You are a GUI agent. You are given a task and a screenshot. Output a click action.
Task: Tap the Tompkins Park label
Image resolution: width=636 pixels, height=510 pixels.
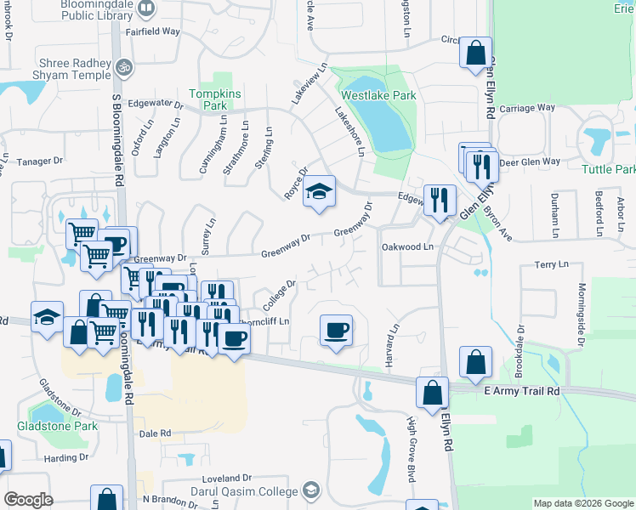coord(207,99)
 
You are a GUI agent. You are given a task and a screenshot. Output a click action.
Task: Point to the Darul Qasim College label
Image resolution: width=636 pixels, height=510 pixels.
coord(247,490)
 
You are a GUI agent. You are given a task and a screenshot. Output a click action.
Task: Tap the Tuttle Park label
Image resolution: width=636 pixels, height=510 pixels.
coord(608,169)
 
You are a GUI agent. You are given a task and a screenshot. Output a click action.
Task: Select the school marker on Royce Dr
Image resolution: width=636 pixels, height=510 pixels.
coord(319,192)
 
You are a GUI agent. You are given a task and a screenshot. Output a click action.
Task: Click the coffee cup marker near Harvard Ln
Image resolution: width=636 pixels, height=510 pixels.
coord(336,329)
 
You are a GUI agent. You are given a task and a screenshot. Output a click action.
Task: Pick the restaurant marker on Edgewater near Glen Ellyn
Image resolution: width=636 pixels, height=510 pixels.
coord(439,201)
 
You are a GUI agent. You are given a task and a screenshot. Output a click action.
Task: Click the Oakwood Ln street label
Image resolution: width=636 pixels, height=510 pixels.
coord(407,247)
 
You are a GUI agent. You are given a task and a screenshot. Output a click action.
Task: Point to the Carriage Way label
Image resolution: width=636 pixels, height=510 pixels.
coord(527,108)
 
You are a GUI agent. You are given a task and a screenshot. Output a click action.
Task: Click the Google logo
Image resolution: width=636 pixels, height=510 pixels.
coord(28,500)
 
